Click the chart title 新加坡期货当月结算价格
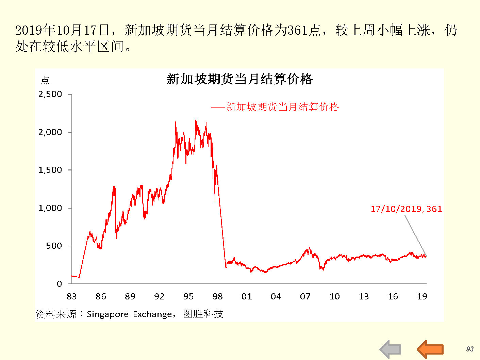point(239,79)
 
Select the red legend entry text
point(282,107)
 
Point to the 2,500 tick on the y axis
point(50,94)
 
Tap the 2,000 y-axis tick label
point(50,132)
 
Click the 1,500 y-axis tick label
point(50,170)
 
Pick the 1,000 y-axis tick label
point(50,208)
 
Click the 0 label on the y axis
point(59,284)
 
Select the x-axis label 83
point(71,297)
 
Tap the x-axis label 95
point(188,297)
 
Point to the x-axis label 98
point(218,297)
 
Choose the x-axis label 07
point(305,297)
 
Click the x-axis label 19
point(422,297)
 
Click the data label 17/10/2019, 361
point(406,209)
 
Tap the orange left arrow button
point(430,349)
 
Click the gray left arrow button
point(390,349)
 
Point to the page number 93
point(470,349)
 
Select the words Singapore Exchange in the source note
point(129,314)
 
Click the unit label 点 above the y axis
point(45,81)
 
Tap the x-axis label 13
point(364,297)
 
